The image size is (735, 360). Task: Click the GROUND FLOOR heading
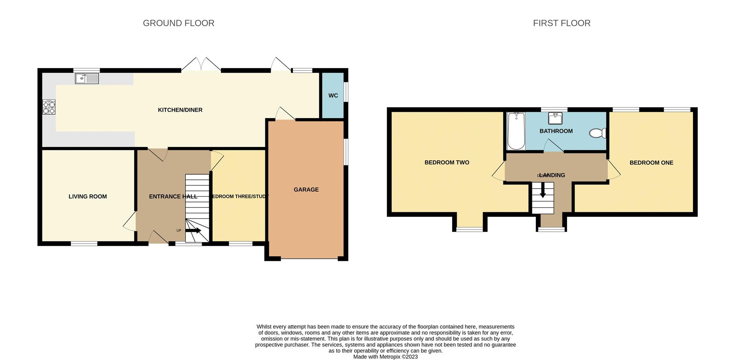click(178, 23)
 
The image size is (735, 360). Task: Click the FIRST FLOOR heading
click(561, 23)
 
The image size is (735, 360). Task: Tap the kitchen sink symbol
click(87, 79)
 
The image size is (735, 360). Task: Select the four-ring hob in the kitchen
click(49, 107)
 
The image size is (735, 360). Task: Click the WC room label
click(333, 96)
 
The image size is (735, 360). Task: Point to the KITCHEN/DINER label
click(180, 110)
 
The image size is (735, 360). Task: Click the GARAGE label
click(306, 190)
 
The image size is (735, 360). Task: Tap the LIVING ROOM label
click(88, 197)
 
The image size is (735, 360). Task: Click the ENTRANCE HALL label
click(173, 197)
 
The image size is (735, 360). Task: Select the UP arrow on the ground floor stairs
click(193, 230)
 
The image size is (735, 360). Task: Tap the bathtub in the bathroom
click(516, 131)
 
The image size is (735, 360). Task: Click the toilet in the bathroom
click(597, 133)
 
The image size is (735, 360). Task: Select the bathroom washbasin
click(555, 119)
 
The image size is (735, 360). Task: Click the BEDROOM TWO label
click(447, 163)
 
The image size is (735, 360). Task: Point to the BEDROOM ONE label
click(651, 163)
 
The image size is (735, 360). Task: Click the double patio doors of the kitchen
click(201, 64)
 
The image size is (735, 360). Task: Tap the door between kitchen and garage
click(284, 114)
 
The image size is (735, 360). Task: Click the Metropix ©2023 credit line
click(385, 357)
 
